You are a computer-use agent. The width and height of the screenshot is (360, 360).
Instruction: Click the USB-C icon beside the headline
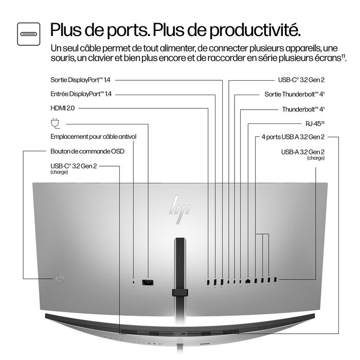[x=28, y=32]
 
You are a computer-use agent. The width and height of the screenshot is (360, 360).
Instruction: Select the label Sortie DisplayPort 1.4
[x=81, y=80]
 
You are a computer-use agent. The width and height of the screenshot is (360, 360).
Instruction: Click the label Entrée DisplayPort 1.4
[x=81, y=94]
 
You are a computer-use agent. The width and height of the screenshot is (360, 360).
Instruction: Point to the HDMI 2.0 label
[x=62, y=109]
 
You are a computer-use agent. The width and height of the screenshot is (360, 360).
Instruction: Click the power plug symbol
[x=55, y=123]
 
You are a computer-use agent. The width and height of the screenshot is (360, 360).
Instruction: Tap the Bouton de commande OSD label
[x=87, y=151]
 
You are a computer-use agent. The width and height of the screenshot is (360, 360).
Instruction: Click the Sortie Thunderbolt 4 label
[x=294, y=95]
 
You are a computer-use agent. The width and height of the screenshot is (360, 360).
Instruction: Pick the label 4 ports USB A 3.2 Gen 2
[x=293, y=137]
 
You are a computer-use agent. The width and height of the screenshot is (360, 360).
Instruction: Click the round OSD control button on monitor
[x=61, y=278]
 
